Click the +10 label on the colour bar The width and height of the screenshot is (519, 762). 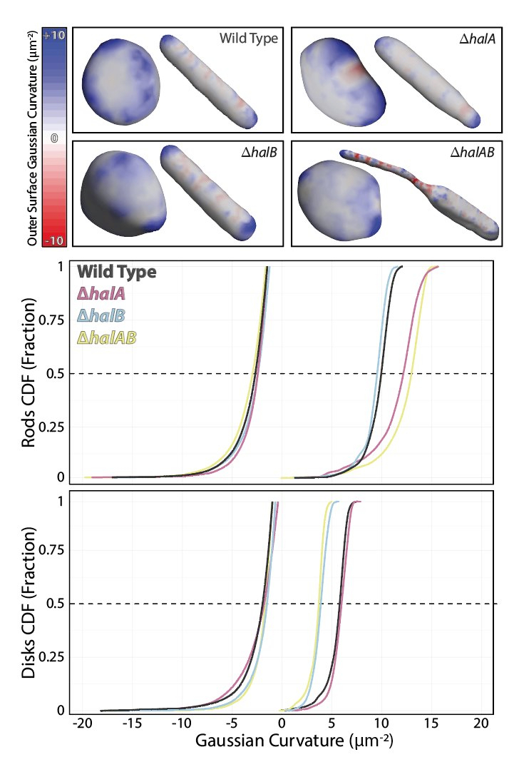click(55, 35)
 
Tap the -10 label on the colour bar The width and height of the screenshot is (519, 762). click(55, 240)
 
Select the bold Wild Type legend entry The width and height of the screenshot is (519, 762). click(117, 272)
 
